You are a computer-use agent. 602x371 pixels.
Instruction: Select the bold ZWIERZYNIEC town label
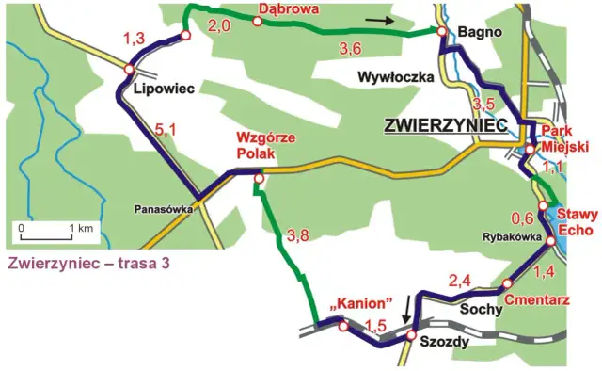445,124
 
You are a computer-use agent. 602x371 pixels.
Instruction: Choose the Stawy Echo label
573,221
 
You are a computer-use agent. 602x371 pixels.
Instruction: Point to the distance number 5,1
166,133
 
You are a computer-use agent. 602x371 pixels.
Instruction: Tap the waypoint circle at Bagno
440,31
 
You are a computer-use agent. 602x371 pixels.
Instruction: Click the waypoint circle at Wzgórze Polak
259,176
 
